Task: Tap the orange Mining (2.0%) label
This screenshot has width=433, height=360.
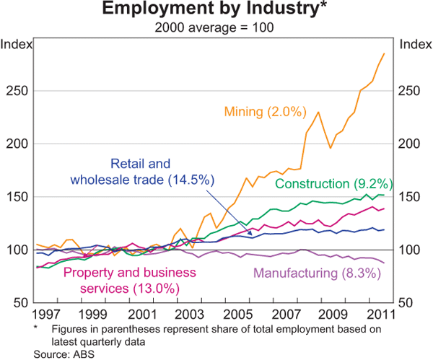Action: click(x=256, y=111)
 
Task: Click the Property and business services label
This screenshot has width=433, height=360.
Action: click(x=120, y=280)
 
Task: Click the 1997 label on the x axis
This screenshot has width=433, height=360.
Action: click(x=45, y=315)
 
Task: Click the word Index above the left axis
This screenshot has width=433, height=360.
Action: click(x=16, y=44)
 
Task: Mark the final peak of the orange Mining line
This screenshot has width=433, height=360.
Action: click(x=384, y=53)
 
